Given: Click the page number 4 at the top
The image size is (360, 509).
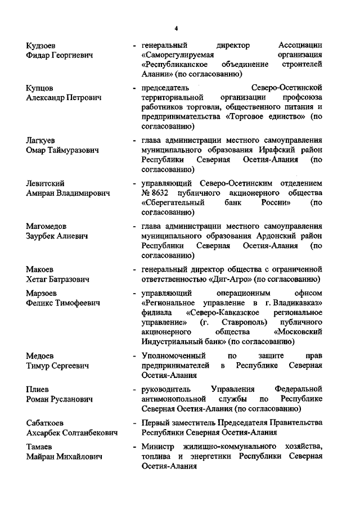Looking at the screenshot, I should click(x=176, y=28).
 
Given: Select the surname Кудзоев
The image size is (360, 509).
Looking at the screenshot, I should click(x=42, y=45).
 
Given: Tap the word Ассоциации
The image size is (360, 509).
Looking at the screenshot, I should click(x=300, y=45).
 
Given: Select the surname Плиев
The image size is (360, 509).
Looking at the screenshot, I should click(x=38, y=390).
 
